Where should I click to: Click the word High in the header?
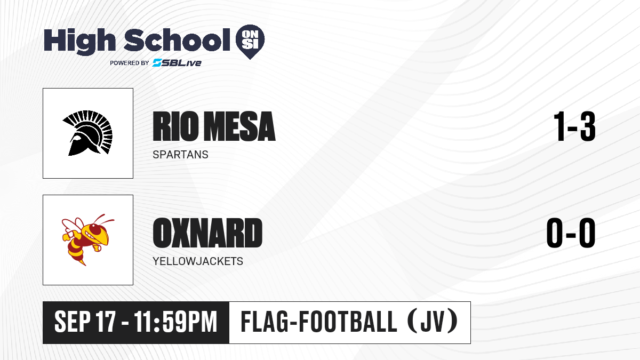79,42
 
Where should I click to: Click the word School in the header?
177,40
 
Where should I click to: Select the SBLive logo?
177,63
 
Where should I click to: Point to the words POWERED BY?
130,63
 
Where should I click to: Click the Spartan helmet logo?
87,133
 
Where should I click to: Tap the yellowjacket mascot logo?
87,239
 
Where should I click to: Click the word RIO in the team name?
175,126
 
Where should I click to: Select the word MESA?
240,126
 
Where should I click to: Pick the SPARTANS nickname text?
180,155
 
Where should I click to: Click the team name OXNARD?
207,233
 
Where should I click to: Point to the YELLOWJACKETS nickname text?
198,261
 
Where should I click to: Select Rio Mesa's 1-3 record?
574,126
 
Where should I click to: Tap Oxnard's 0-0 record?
571,233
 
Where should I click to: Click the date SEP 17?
85,322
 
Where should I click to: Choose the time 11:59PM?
175,322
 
